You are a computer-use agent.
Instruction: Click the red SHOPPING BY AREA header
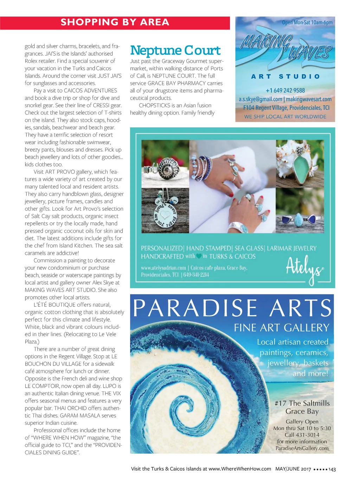pyautogui.click(x=115, y=23)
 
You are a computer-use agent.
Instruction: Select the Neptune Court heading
pyautogui.click(x=175, y=50)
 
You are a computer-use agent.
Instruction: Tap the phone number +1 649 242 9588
pyautogui.click(x=285, y=90)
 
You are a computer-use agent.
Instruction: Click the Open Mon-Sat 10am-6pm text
pyautogui.click(x=307, y=23)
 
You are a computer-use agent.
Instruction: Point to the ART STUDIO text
pyautogui.click(x=285, y=76)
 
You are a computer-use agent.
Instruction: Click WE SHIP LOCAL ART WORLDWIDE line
pyautogui.click(x=285, y=116)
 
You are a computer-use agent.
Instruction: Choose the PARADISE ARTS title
pyautogui.click(x=232, y=308)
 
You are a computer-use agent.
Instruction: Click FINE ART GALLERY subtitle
pyautogui.click(x=281, y=328)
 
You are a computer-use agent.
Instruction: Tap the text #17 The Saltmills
pyautogui.click(x=302, y=403)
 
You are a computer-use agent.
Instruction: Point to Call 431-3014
pyautogui.click(x=302, y=435)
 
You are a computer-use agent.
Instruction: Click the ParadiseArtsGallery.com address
pyautogui.click(x=302, y=448)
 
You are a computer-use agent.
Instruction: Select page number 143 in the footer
pyautogui.click(x=332, y=469)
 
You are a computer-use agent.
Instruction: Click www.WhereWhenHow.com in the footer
pyautogui.click(x=240, y=469)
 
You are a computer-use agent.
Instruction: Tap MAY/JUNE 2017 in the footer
pyautogui.click(x=293, y=469)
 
